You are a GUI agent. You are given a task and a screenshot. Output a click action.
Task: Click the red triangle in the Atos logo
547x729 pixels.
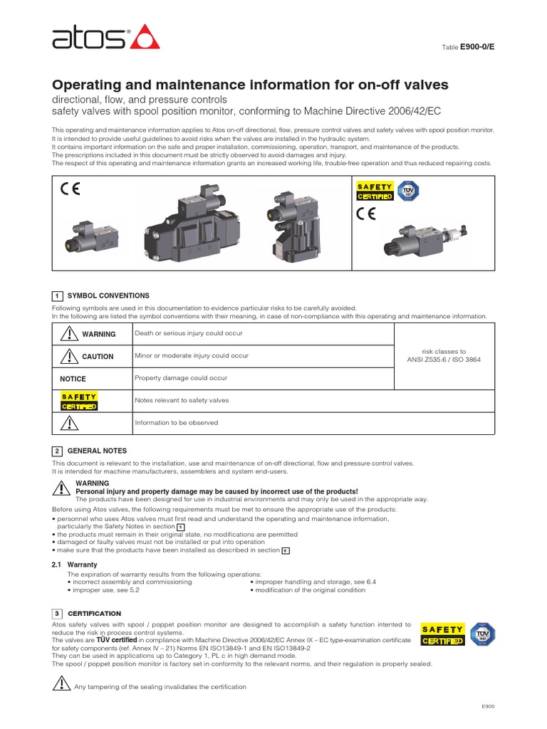click(x=145, y=37)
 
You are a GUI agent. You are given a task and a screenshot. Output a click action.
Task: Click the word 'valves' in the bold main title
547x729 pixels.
click(x=425, y=85)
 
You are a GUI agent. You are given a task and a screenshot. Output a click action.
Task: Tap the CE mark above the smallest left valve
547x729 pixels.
click(x=70, y=189)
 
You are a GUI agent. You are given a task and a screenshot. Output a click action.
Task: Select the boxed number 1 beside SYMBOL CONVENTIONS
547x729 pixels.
click(x=57, y=295)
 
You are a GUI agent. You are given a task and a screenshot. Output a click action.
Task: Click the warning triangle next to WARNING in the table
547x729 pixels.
click(x=68, y=334)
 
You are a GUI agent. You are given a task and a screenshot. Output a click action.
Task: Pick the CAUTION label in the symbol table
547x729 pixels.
click(x=98, y=357)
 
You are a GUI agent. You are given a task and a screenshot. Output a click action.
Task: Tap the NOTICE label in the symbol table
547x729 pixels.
click(x=73, y=379)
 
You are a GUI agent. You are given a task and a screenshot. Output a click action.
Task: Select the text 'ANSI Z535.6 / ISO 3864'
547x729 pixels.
click(x=444, y=360)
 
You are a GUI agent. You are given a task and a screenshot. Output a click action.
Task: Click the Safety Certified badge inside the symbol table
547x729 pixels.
click(x=79, y=401)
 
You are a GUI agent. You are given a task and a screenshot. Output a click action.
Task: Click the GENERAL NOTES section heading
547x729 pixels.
click(x=97, y=451)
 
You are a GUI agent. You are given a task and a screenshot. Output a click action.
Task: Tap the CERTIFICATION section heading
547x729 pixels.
click(x=94, y=613)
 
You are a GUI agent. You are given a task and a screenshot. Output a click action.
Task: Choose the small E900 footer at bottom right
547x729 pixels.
click(x=488, y=706)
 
